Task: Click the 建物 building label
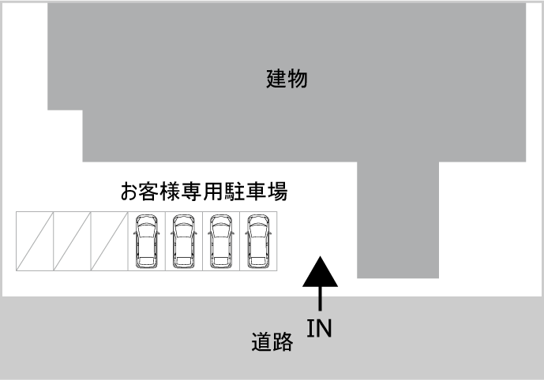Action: (287, 79)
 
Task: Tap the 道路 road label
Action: (272, 341)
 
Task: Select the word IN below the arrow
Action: (319, 328)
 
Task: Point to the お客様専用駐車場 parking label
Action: (203, 191)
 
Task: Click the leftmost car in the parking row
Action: (146, 241)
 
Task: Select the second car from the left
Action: (184, 241)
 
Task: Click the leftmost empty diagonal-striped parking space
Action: (35, 241)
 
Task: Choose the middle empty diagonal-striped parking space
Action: (72, 241)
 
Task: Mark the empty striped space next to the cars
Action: (109, 241)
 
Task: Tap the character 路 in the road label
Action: (283, 341)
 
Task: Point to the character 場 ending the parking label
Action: (276, 191)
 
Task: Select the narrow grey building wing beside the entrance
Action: (398, 221)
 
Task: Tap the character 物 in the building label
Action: (297, 79)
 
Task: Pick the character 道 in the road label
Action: (262, 341)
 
